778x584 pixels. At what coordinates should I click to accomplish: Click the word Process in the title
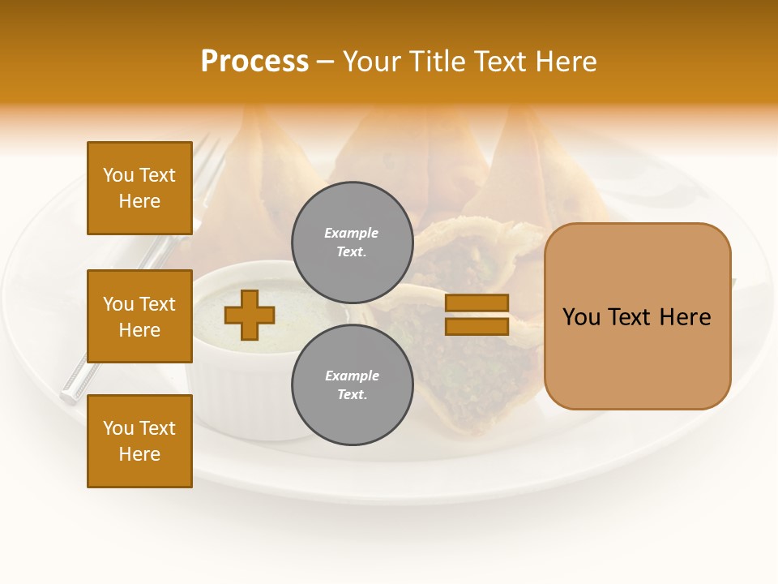click(x=254, y=62)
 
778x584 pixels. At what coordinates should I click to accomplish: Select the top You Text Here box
click(x=139, y=188)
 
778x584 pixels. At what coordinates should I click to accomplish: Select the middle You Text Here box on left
click(x=139, y=316)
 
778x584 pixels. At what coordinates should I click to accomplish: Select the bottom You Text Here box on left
click(x=139, y=440)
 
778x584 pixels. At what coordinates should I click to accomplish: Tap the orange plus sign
click(x=249, y=315)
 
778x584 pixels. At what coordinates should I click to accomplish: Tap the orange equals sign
click(x=477, y=315)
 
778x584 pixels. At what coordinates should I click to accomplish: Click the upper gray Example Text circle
click(x=352, y=242)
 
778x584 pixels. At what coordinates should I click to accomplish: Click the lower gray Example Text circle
click(x=352, y=384)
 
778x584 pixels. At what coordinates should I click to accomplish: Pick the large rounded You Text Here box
click(x=637, y=316)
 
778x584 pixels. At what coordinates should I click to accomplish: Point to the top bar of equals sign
click(x=477, y=303)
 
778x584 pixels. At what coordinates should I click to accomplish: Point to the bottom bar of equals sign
click(x=477, y=326)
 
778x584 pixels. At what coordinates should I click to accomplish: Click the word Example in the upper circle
click(x=352, y=233)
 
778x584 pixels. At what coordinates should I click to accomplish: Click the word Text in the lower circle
click(x=352, y=394)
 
